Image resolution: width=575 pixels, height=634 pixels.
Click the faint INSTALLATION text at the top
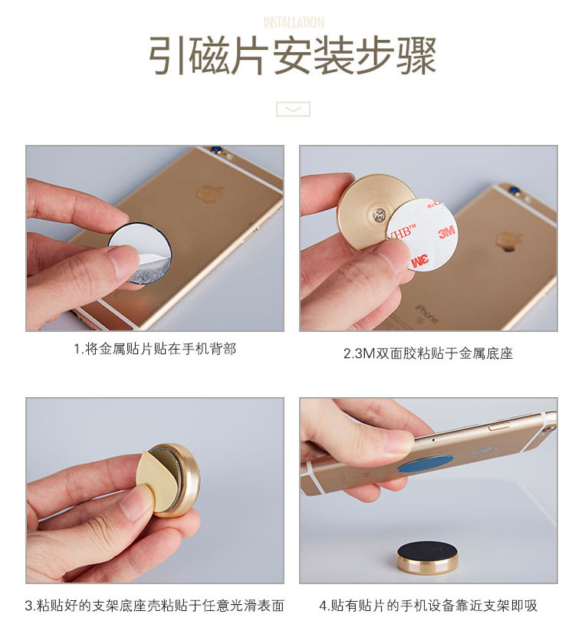(294, 22)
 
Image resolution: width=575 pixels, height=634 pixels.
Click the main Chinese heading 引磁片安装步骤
(292, 55)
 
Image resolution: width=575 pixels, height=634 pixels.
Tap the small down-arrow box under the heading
(293, 109)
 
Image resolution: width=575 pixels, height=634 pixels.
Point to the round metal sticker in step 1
(140, 254)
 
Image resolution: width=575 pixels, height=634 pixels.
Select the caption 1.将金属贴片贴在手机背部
(155, 349)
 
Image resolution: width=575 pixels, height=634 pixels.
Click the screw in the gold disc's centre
(379, 215)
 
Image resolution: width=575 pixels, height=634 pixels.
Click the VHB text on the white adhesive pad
(400, 232)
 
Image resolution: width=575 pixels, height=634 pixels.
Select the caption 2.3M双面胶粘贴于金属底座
(429, 353)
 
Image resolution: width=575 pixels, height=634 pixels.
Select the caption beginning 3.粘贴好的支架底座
(154, 606)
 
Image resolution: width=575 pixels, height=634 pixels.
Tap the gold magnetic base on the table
(427, 557)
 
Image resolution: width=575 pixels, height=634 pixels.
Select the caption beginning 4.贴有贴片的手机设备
(429, 606)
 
